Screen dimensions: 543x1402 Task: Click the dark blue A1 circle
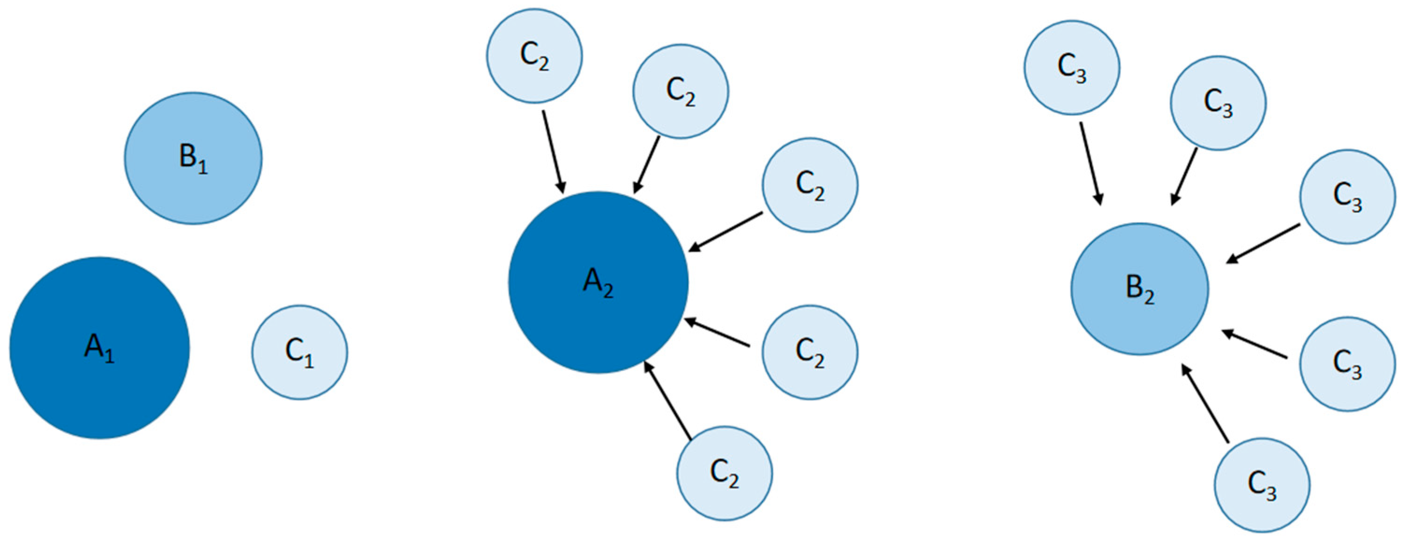coord(100,348)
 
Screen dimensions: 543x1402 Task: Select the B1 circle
coord(193,158)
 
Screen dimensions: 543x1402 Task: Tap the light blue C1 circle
coord(299,352)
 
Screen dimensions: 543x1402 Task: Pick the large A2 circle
coord(598,282)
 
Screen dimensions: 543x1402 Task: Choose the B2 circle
coord(1139,289)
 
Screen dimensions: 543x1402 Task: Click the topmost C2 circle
coord(534,56)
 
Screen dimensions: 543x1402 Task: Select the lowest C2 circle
coord(725,473)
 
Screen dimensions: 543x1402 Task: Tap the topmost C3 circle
coord(1072,68)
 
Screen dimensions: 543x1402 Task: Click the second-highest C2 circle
coord(680,92)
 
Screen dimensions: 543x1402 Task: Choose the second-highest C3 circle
coord(1218,103)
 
